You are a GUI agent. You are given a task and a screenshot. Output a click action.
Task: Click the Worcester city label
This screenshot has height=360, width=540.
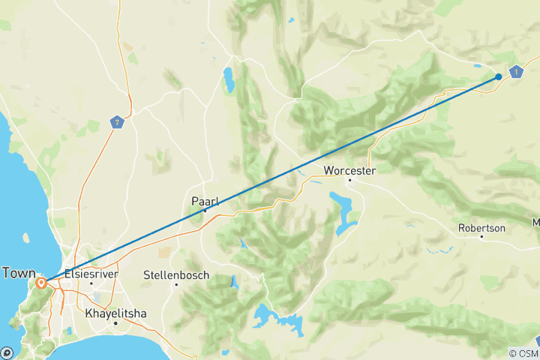point(349,170)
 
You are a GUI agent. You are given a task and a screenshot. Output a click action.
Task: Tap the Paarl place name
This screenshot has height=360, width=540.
point(205,200)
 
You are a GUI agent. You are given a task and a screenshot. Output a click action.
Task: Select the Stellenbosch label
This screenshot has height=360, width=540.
point(176,274)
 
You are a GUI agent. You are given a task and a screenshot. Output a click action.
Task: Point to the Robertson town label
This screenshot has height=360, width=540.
point(481,227)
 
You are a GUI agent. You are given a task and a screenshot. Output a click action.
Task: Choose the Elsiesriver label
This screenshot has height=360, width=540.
point(91,273)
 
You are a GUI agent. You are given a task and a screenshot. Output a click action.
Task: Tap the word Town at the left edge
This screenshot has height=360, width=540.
point(18,273)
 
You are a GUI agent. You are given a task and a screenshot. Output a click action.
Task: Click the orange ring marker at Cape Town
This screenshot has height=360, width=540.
point(41,283)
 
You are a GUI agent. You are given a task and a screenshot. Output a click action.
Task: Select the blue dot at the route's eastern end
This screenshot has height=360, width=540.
point(499,76)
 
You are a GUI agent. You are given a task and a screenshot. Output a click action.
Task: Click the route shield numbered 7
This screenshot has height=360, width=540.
point(115,121)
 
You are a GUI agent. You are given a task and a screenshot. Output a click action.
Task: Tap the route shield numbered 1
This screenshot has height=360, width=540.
point(517,72)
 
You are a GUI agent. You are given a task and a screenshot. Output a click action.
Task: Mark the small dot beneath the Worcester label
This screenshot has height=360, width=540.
point(349,180)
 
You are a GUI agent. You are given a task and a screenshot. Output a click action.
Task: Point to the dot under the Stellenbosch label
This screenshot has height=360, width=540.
point(176,284)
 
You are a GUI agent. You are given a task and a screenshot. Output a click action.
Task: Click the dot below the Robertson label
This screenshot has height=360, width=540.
point(481,237)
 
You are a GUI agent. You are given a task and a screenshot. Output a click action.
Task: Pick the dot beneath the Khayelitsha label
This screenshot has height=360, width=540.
point(115,322)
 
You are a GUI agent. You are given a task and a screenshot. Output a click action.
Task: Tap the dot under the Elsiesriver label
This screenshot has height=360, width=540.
point(91,283)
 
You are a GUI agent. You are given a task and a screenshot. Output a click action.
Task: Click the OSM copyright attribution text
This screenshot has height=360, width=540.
point(523,353)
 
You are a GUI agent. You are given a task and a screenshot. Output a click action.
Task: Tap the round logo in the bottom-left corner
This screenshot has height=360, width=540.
point(7,352)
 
